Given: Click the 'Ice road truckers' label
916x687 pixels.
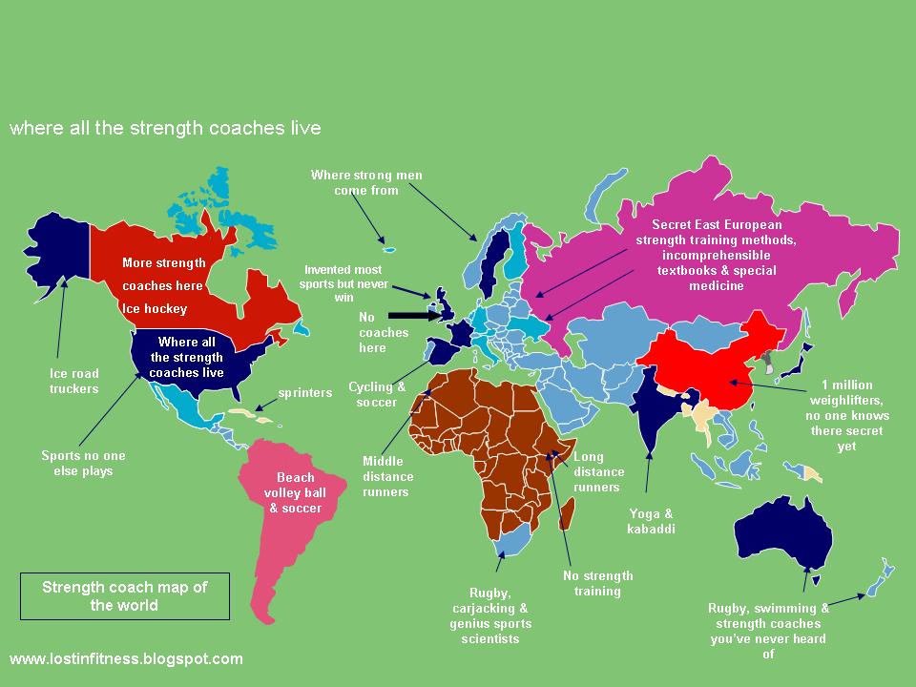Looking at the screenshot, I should pos(74,381).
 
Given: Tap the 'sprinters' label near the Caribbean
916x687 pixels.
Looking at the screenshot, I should pos(304,392).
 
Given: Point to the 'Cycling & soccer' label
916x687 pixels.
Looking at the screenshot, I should pos(377,394).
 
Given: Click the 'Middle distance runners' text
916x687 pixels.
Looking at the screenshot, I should pos(385,476).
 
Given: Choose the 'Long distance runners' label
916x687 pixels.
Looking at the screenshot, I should pos(599,471).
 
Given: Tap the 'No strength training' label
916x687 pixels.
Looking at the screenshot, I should pos(596,583).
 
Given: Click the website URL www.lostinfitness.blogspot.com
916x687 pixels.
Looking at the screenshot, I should pos(126,658).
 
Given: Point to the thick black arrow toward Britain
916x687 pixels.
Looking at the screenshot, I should pos(411,313).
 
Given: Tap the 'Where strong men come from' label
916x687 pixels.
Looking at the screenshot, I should pos(365,182).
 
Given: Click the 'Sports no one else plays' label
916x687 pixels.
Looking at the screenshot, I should pos(83,463).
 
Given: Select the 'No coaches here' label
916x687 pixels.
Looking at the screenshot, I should pos(383,331).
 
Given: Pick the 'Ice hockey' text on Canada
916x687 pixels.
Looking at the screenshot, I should pos(154,308).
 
